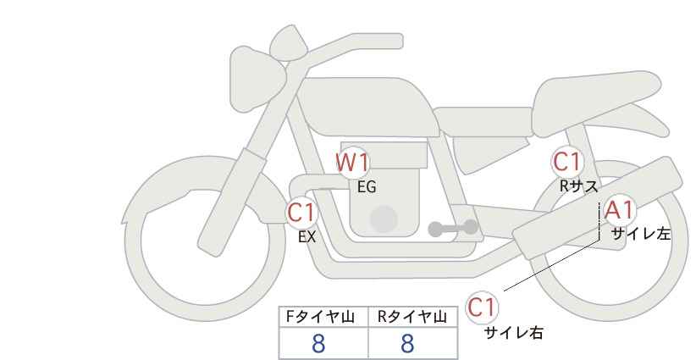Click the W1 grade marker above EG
tap(352, 163)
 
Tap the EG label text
tap(367, 187)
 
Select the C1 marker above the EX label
tap(301, 212)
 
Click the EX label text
tap(307, 237)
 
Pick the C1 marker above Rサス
tap(566, 162)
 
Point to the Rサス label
tap(578, 186)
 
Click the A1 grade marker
tap(620, 210)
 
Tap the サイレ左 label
tap(641, 234)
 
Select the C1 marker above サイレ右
tap(482, 307)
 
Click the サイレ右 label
tap(514, 333)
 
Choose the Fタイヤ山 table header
tap(320, 317)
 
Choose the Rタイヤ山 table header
tap(412, 317)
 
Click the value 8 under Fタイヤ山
tap(318, 343)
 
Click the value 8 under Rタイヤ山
tap(407, 343)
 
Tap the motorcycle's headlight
tap(255, 80)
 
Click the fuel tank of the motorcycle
tap(366, 107)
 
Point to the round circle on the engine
tap(384, 219)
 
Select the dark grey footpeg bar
tap(453, 228)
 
